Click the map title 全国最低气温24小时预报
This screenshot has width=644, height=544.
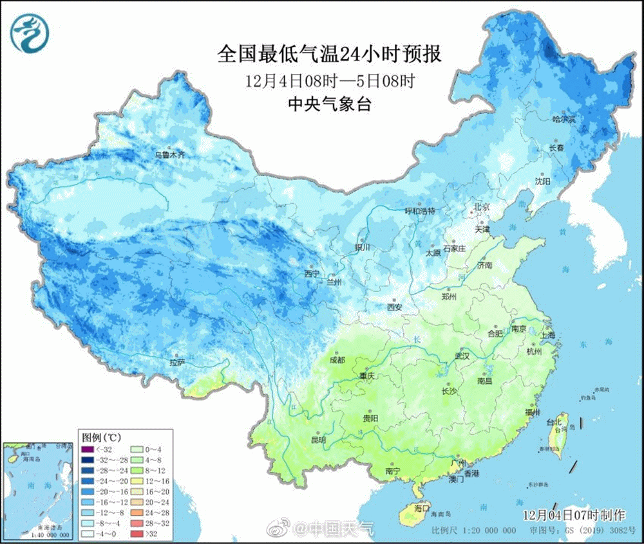tap(329, 54)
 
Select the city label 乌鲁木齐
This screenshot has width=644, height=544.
tap(169, 155)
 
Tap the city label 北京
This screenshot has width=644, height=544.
tap(482, 207)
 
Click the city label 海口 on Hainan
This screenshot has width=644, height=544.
tap(421, 507)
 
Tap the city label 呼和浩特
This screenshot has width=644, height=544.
tap(420, 211)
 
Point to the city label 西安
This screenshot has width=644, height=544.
tap(394, 307)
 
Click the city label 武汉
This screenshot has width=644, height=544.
tap(462, 355)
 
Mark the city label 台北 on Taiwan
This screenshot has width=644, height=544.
tap(554, 422)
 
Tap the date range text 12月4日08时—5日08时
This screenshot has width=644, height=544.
tap(329, 81)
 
